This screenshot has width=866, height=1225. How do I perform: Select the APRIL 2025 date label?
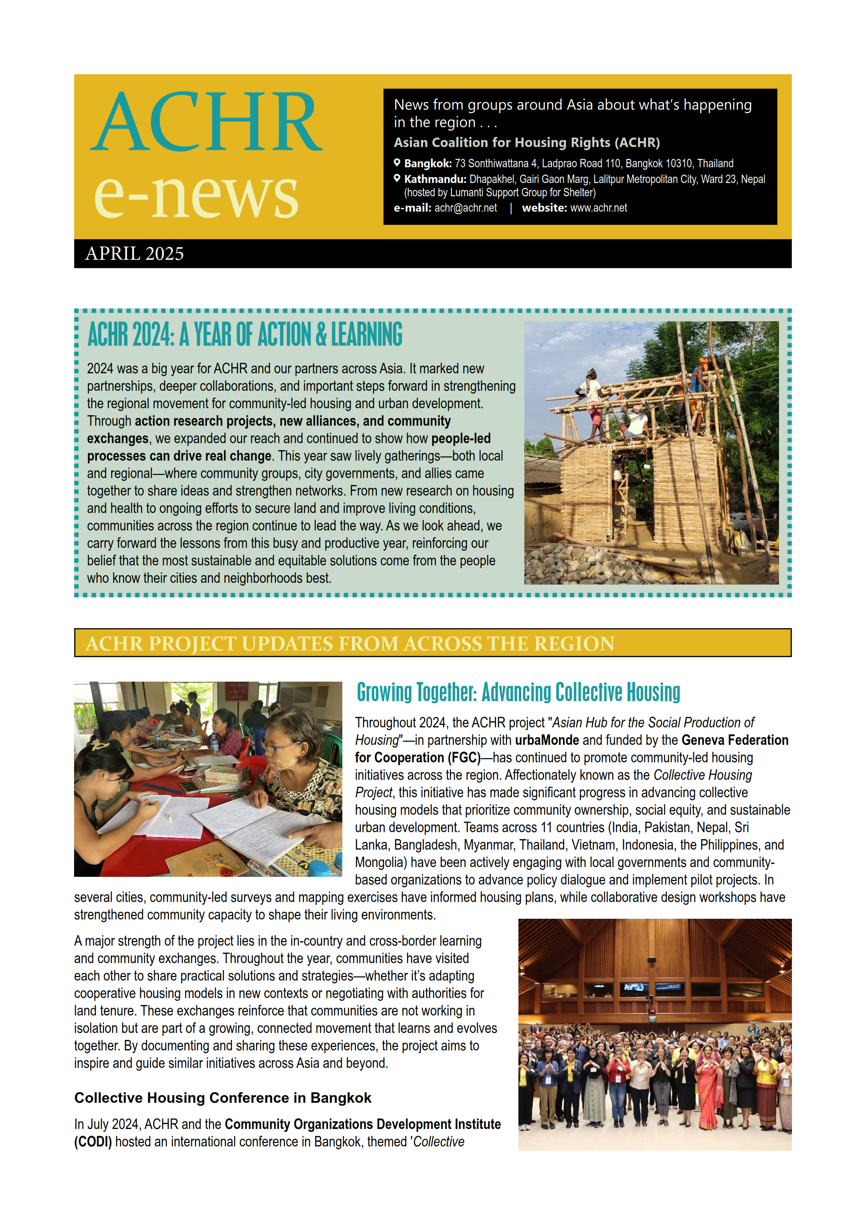[134, 254]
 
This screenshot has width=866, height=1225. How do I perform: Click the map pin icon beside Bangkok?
[397, 163]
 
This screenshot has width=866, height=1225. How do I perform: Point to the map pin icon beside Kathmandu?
[397, 178]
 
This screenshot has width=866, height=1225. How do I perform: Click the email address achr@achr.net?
[465, 208]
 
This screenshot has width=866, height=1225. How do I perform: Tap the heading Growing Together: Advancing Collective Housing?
[518, 692]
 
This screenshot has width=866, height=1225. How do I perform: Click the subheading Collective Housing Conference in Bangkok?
[223, 1098]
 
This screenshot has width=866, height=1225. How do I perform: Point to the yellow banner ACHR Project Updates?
[432, 643]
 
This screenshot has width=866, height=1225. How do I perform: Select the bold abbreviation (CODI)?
[93, 1142]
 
